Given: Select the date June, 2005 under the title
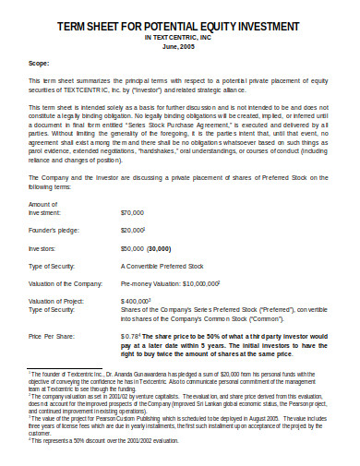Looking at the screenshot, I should [180, 46].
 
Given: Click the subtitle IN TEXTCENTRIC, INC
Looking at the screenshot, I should [180, 38].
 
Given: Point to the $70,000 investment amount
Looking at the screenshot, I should [133, 238].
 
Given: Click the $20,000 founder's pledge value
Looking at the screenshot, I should [132, 255].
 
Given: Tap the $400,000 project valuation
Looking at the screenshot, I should [135, 327].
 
